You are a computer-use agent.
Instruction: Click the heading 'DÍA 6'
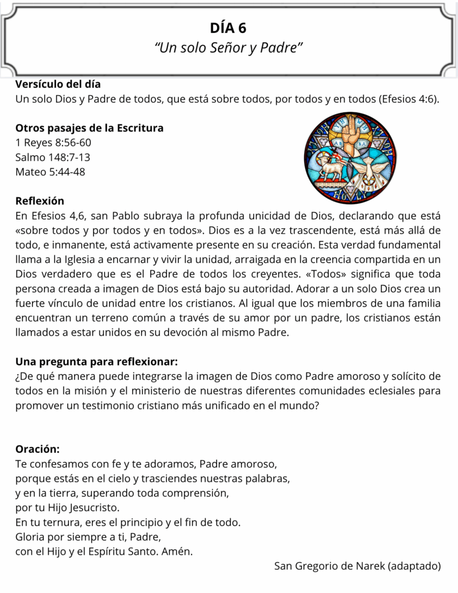[229, 28]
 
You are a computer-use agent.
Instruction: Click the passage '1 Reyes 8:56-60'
[53, 142]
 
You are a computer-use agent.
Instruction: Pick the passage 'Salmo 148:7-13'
[53, 157]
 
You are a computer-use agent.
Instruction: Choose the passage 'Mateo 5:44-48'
[50, 171]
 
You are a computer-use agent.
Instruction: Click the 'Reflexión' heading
[40, 200]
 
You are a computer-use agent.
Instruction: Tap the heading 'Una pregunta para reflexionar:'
[96, 362]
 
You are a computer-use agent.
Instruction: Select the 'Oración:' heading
[37, 449]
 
